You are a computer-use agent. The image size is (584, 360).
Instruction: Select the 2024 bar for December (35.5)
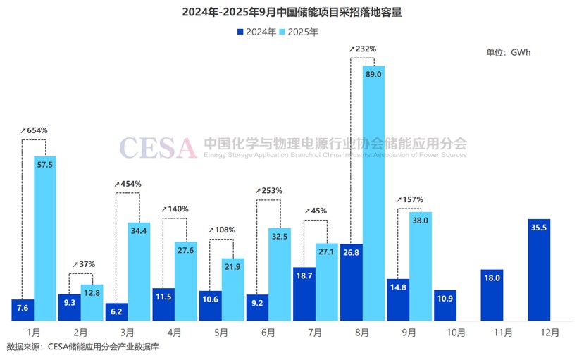[x=538, y=270]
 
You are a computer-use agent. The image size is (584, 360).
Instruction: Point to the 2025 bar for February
[x=92, y=303]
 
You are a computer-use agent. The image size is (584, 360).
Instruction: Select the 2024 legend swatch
[x=240, y=32]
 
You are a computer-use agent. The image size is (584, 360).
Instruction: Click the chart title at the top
[x=292, y=12]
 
